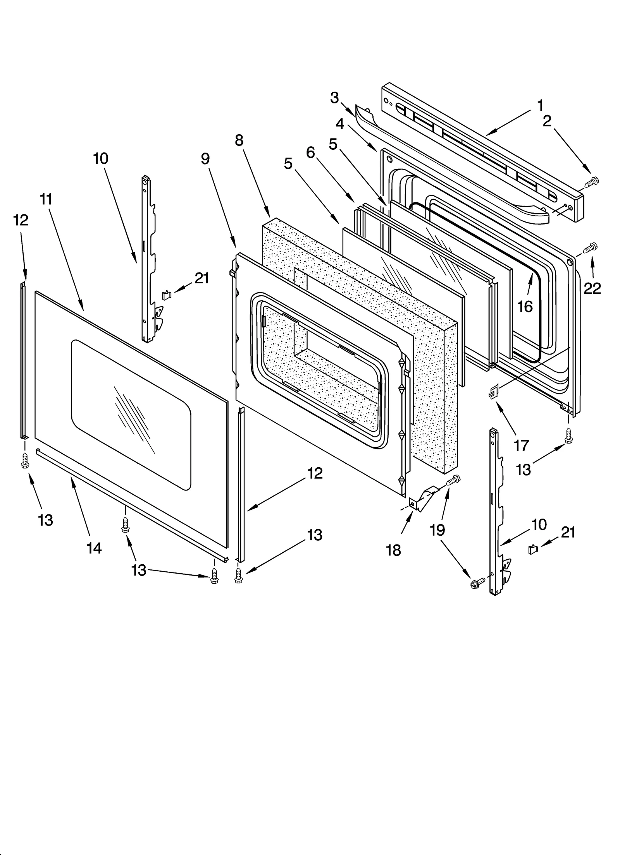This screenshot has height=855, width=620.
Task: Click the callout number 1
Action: [540, 105]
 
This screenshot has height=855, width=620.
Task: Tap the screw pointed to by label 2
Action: [591, 181]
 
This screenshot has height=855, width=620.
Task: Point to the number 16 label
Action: [525, 307]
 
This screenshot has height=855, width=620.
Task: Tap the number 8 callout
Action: [239, 141]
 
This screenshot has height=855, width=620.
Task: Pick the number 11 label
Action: [46, 199]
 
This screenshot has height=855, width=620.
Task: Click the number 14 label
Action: [94, 548]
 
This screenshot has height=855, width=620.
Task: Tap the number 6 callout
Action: [310, 153]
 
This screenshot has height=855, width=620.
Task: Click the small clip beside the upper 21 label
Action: [166, 295]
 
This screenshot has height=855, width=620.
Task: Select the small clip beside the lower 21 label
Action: [533, 549]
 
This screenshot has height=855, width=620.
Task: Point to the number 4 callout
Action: [339, 124]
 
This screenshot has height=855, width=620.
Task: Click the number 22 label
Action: [592, 288]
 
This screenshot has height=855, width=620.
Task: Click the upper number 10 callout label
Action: [101, 158]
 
